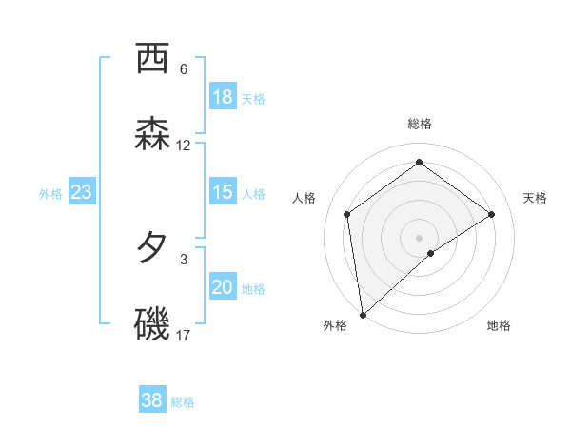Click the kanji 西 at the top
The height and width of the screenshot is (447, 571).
coord(152,59)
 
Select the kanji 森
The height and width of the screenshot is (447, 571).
coord(152,134)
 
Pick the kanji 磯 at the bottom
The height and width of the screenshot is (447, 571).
coord(152,324)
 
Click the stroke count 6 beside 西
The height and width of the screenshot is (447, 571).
coord(184,69)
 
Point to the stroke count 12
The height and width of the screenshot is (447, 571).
coord(184,146)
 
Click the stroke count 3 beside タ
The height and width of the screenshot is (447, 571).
coord(184,259)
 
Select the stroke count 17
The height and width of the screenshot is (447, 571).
coord(184,336)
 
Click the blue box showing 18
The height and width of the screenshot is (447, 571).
coord(222,97)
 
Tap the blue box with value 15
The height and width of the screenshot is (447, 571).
coord(222,192)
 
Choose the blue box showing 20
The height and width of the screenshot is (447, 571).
coord(222,287)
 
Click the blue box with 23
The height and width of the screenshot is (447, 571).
coord(81,192)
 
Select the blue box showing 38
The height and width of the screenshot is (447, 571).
coord(152,400)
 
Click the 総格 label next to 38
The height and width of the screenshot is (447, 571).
coord(183,402)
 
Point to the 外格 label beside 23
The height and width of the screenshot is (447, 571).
coord(50,194)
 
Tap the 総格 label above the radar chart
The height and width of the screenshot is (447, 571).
coord(420,124)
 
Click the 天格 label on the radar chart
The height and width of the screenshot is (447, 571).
coord(535,198)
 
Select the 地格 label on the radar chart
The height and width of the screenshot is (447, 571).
coord(499,325)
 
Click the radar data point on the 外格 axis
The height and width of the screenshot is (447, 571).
coord(363,315)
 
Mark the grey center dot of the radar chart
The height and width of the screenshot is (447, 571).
coord(420,237)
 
